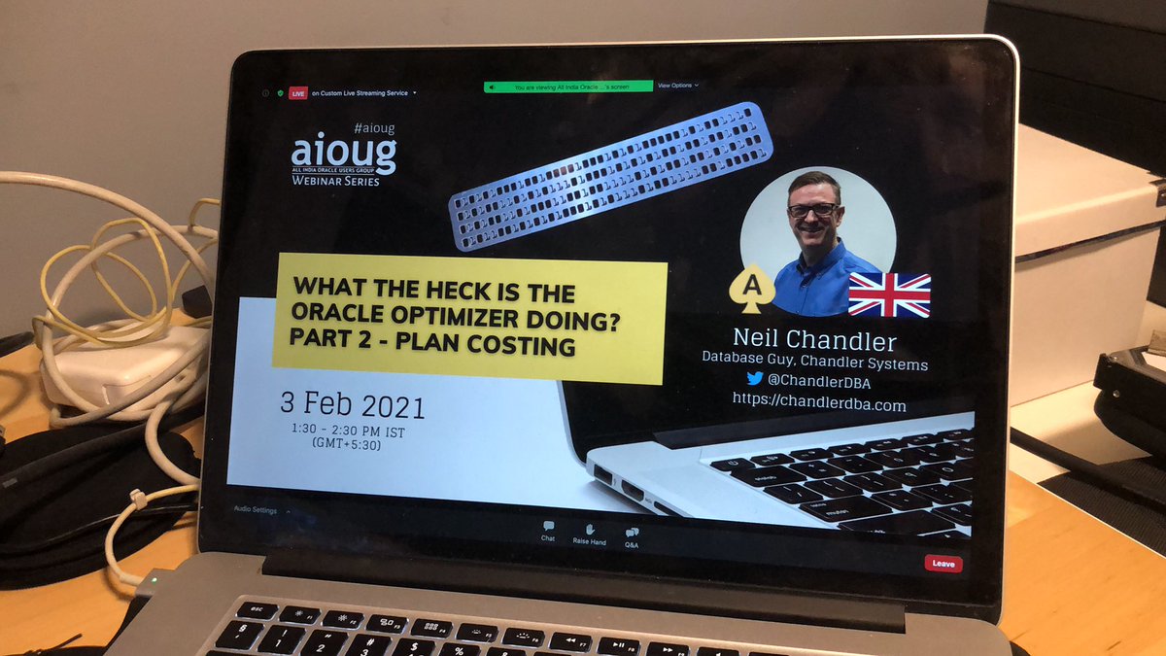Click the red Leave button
coord(942,563)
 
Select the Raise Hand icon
coord(589,531)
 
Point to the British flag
coord(889,294)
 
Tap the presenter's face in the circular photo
coord(814,203)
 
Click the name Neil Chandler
coord(814,340)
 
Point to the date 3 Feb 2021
coord(352,404)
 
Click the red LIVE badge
coord(297,93)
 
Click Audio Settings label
coord(255,510)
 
